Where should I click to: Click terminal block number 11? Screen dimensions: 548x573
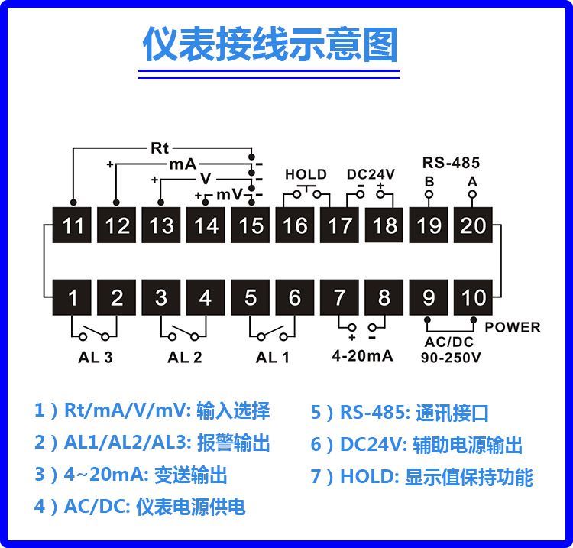[72, 225]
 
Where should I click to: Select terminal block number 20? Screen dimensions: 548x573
[472, 225]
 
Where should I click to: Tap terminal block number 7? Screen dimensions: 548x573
[340, 297]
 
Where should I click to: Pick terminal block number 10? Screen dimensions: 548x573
[473, 297]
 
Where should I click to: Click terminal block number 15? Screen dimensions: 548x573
[251, 225]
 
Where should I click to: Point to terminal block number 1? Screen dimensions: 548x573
[73, 297]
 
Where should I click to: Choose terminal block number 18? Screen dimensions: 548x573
[384, 225]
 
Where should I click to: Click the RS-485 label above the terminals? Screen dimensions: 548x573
[451, 163]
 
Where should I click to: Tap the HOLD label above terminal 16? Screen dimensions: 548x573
[306, 174]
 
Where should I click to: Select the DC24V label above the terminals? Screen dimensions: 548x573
[371, 174]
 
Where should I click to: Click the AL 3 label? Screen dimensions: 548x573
[95, 357]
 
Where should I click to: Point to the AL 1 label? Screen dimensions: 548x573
[273, 357]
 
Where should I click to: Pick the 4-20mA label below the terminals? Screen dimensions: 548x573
[362, 355]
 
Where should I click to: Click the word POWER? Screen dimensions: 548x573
[513, 327]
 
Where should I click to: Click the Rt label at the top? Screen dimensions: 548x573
[160, 148]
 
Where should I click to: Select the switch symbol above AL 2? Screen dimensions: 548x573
[183, 334]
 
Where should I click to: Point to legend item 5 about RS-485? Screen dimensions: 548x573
[399, 413]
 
